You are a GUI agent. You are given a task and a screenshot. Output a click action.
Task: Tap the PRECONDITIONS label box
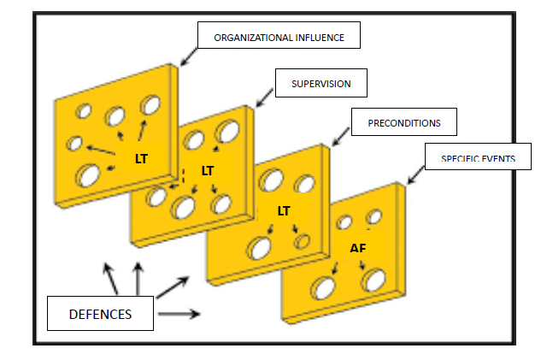click(x=403, y=122)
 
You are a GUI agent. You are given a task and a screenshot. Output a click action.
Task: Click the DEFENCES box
click(x=101, y=314)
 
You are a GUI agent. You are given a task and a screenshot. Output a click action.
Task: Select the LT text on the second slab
click(x=208, y=170)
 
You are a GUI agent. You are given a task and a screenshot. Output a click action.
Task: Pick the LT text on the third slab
click(x=285, y=210)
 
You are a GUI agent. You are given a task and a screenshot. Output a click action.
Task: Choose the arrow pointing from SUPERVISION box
click(x=264, y=98)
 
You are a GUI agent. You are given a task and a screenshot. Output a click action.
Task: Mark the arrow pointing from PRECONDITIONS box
click(x=341, y=136)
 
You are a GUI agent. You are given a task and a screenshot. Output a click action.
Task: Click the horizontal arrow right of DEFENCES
click(x=179, y=314)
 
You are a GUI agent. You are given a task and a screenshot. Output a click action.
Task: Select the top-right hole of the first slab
click(x=150, y=105)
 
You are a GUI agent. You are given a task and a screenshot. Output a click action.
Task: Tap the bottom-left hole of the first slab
click(x=88, y=176)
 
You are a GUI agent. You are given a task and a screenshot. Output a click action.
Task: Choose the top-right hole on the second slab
click(x=227, y=132)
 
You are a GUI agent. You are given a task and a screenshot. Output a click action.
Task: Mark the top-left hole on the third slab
click(x=273, y=180)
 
